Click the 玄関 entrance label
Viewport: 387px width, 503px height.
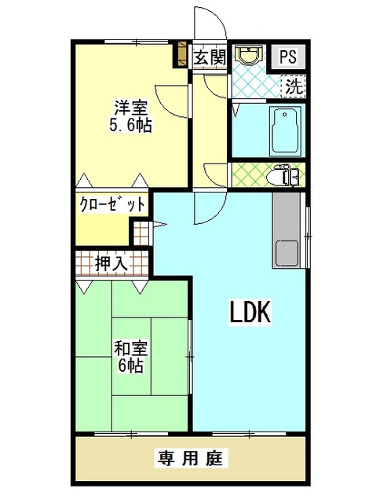click(210, 57)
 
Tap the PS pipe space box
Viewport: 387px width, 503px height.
click(288, 57)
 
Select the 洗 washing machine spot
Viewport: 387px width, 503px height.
click(294, 86)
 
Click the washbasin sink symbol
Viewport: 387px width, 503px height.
click(249, 55)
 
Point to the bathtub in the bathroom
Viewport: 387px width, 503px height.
click(286, 130)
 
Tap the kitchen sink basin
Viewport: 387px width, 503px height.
click(287, 253)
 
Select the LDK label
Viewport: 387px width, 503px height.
click(250, 312)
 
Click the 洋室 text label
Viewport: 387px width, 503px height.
click(131, 108)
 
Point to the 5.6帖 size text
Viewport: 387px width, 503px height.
click(131, 125)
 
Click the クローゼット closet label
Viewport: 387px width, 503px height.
click(112, 204)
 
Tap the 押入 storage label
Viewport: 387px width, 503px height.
click(111, 264)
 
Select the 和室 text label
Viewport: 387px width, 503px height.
click(131, 349)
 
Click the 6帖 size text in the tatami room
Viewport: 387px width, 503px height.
click(131, 365)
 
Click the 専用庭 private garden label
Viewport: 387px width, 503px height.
click(191, 457)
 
